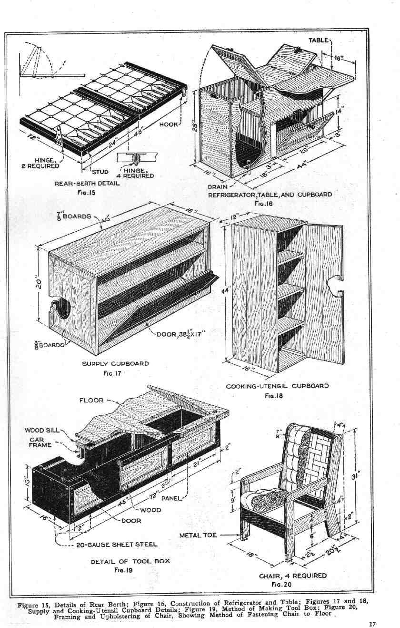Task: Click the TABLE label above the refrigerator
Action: (318, 40)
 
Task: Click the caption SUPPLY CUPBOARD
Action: (115, 363)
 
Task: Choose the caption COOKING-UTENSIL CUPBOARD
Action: (277, 385)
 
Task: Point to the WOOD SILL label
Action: (41, 430)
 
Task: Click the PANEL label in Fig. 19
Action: (173, 499)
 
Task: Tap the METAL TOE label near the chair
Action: (198, 535)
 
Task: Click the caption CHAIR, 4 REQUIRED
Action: (292, 576)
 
